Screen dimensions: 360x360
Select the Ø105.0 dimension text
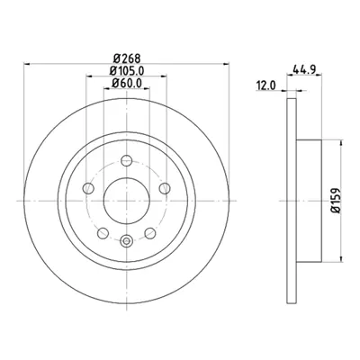[x=126, y=71]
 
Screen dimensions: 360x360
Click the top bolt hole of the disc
[x=126, y=165]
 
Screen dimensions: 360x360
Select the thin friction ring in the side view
[x=292, y=202]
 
